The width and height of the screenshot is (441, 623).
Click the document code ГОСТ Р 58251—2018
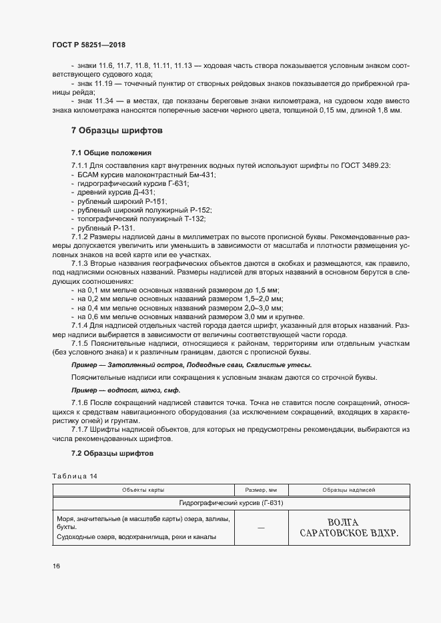coord(89,45)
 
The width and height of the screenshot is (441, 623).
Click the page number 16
coord(57,566)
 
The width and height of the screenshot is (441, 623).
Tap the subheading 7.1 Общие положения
coord(111,153)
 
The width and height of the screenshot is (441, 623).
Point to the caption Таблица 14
coord(74,476)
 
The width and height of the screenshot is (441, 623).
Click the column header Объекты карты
coord(143,490)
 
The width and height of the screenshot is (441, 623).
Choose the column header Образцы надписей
coord(348,490)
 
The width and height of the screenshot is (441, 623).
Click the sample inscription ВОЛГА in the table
coord(344,522)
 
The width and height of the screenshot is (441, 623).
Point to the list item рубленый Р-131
coord(106,227)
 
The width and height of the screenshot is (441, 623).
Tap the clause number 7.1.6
coord(81,404)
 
